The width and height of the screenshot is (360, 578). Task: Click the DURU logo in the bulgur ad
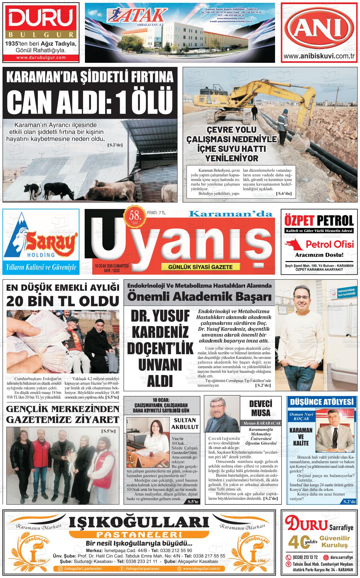[x=40, y=20]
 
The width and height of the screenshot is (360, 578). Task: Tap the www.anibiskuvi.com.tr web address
[x=320, y=56]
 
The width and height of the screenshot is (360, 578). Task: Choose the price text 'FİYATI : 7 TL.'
[x=157, y=213]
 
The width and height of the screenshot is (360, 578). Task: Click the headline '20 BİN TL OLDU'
[x=62, y=301]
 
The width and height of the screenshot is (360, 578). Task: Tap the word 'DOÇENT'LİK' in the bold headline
[x=160, y=349]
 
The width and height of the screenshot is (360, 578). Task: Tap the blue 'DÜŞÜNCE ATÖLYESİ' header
[x=322, y=402]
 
